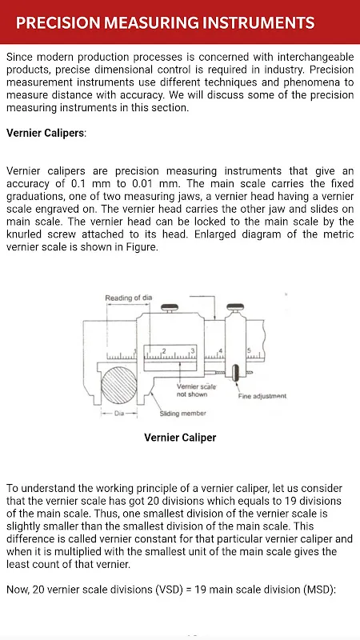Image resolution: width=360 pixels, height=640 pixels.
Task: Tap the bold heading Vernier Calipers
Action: point(46,133)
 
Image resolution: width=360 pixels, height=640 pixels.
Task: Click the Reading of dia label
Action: point(129,298)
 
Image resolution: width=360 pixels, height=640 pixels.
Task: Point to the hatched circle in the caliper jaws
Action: point(119,385)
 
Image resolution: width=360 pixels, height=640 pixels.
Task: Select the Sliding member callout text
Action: point(182,414)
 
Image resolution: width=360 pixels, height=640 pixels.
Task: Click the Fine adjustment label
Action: point(262,396)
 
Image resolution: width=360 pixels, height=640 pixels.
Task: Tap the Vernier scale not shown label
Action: point(196,390)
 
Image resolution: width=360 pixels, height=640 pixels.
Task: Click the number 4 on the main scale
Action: point(221,350)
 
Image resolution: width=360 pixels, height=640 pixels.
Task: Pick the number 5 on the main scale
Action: point(249,350)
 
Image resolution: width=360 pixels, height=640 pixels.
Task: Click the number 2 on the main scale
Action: point(164,350)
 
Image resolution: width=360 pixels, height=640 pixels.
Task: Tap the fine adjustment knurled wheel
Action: point(235,373)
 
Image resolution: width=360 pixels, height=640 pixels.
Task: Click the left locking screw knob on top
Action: point(169,307)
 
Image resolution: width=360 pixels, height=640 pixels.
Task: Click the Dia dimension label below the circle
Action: point(119,413)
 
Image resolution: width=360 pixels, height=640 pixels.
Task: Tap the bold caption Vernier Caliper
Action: point(180,438)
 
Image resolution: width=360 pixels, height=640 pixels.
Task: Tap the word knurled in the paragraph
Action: point(25,234)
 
